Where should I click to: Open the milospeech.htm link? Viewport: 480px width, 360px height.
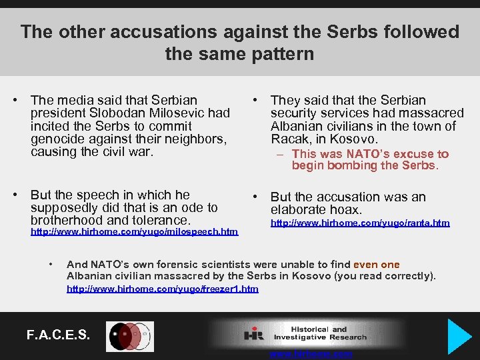pyautogui.click(x=134, y=232)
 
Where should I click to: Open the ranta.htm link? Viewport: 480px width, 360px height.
pyautogui.click(x=359, y=223)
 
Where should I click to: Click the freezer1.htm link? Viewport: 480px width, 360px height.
pyautogui.click(x=163, y=289)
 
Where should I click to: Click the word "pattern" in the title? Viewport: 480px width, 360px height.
pyautogui.click(x=283, y=53)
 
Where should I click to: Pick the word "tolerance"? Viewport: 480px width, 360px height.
pyautogui.click(x=159, y=221)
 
